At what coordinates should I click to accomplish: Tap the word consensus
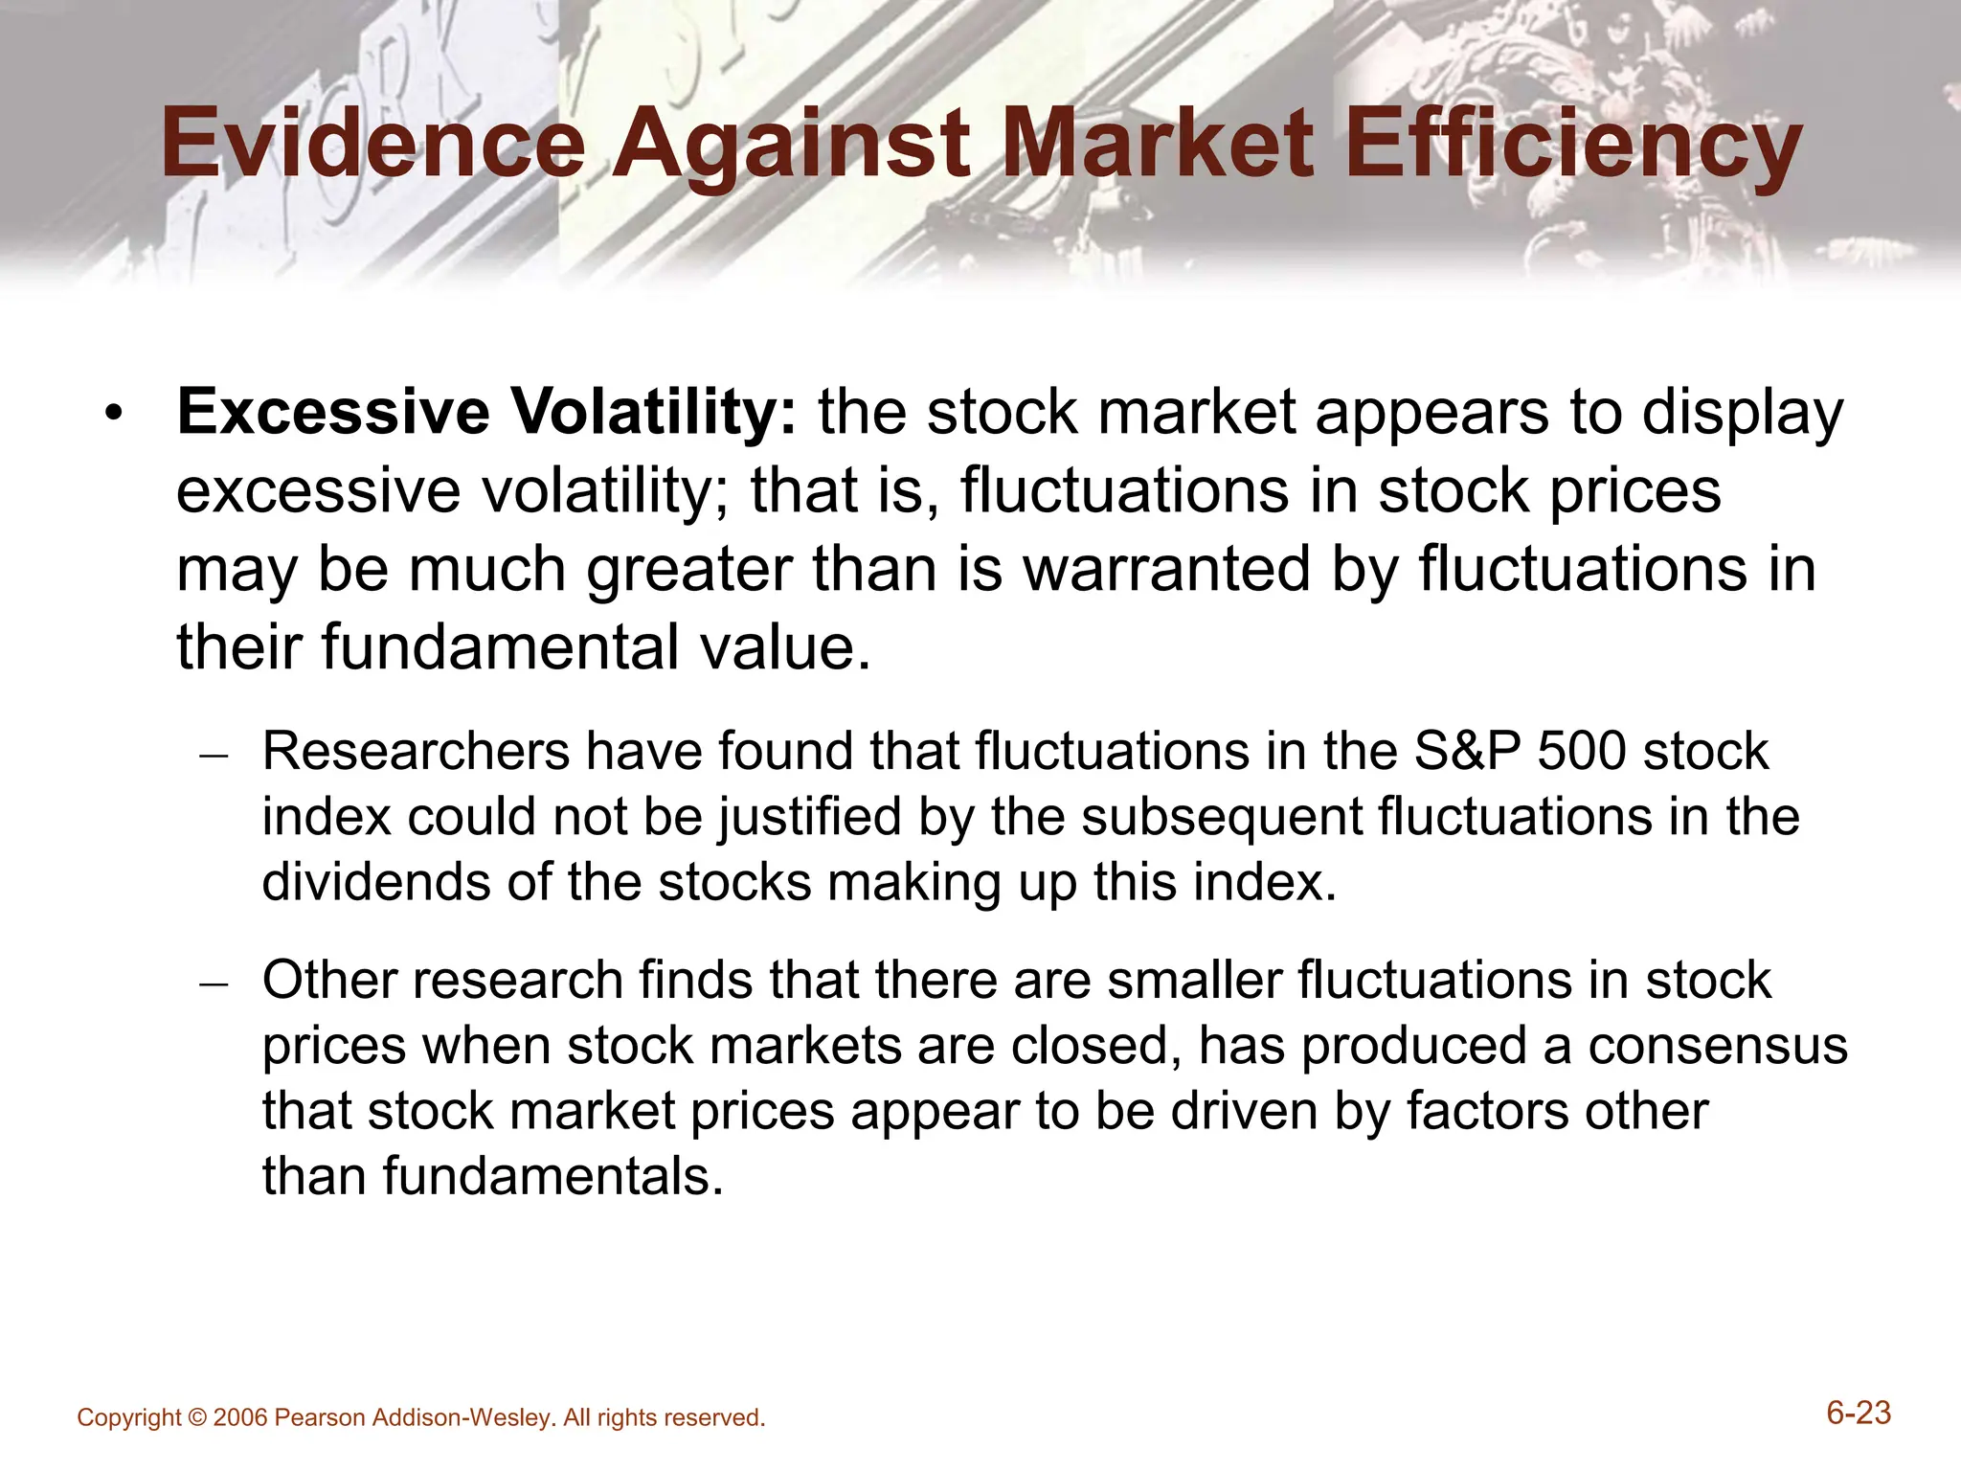click(x=1718, y=1045)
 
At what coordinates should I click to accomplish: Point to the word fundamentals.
click(x=552, y=1176)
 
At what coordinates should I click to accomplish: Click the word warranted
click(x=1166, y=569)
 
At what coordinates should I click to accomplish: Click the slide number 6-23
click(x=1859, y=1414)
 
